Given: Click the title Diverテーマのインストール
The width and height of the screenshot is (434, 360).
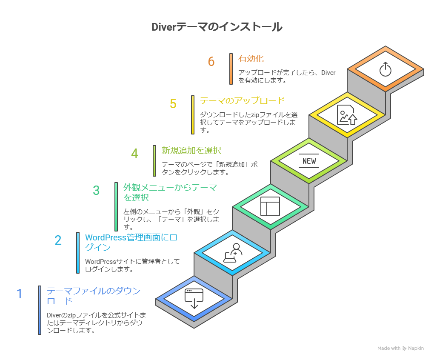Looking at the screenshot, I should pos(217,27).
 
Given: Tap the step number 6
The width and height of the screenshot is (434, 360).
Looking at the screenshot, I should pos(211,62).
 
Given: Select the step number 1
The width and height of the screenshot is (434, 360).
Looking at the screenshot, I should pos(19,294).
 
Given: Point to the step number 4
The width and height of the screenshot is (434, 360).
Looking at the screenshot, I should pos(134,154).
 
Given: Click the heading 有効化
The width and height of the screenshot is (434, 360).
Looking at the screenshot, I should pos(251,58).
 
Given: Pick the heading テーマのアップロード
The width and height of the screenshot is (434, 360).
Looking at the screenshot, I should pos(242,101).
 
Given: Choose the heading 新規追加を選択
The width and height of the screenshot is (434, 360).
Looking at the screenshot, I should pos(191,150).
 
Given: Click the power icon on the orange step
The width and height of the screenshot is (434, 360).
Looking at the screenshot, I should pos(385,69).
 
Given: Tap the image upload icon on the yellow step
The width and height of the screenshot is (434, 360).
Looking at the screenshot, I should pos(347,115).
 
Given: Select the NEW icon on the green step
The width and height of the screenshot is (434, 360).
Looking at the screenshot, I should pos(309,161).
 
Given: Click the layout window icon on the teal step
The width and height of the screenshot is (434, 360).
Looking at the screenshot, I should pos(270,206).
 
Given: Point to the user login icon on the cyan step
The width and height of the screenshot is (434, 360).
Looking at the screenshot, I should pos(232,253).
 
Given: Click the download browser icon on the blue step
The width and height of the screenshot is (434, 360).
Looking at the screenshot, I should pos(194,298).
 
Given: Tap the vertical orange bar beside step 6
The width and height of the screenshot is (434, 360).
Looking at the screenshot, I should pos(231,69).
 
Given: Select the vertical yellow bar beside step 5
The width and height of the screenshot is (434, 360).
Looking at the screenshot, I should pos(193,114).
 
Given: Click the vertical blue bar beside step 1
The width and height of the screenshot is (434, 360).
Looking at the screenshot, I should pos(40,310).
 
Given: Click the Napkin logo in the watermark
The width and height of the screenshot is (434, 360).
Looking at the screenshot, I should pos(405,348).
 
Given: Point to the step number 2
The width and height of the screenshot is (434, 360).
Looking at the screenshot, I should pos(58,240).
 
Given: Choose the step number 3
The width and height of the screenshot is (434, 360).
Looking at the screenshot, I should pos(96,190).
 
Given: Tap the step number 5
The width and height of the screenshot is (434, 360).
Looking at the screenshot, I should pos(173,104).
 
